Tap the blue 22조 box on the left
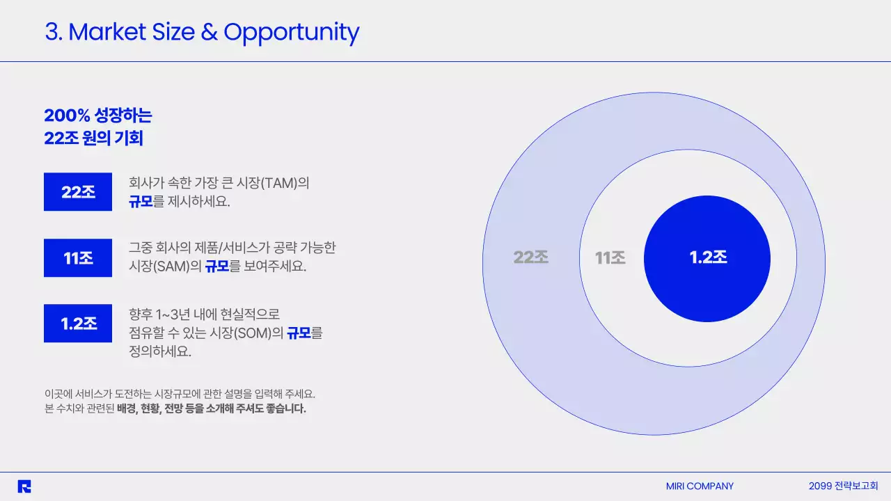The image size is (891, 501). pyautogui.click(x=78, y=192)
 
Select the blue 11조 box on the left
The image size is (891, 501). pyautogui.click(x=78, y=258)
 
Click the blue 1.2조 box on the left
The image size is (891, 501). pyautogui.click(x=78, y=324)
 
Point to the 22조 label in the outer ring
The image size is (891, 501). pyautogui.click(x=531, y=257)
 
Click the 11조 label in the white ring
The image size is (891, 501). pyautogui.click(x=610, y=258)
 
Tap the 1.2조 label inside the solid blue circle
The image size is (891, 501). pyautogui.click(x=708, y=257)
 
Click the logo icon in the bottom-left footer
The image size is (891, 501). pyautogui.click(x=24, y=486)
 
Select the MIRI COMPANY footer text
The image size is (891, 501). pyautogui.click(x=700, y=486)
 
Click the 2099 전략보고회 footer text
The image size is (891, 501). pyautogui.click(x=843, y=486)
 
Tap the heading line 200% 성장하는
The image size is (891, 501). pyautogui.click(x=97, y=116)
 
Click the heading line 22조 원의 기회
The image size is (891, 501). pyautogui.click(x=93, y=138)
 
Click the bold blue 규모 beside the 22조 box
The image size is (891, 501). pyautogui.click(x=141, y=202)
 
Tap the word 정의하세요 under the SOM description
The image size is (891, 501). pyautogui.click(x=159, y=351)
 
